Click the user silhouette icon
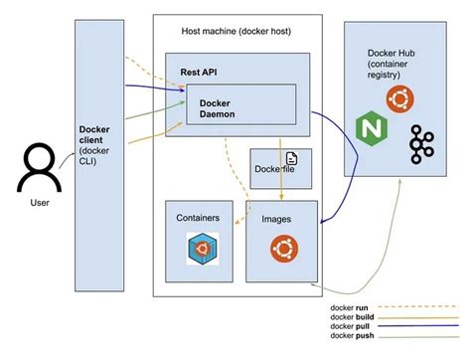point(38,166)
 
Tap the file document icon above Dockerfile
point(292,159)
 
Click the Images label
point(275,216)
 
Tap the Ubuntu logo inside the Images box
point(281,249)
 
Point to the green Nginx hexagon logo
point(369,129)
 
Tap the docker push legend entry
point(353,338)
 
